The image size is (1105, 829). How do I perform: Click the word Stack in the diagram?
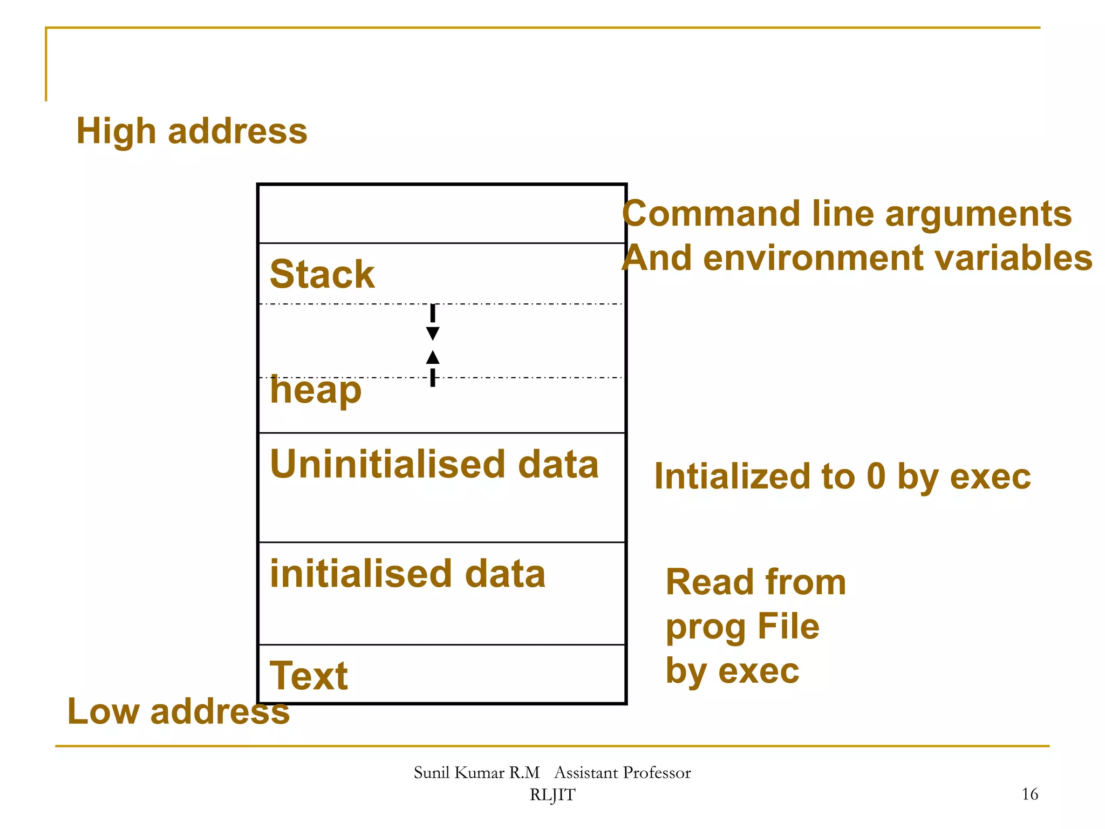pyautogui.click(x=322, y=274)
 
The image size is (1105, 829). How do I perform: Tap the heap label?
pyautogui.click(x=316, y=391)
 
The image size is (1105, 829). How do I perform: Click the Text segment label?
pyautogui.click(x=309, y=676)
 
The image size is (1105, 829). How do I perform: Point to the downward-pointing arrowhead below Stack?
pyautogui.click(x=432, y=333)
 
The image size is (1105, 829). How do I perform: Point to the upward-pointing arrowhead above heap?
pyautogui.click(x=432, y=357)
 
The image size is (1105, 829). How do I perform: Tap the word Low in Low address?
pyautogui.click(x=103, y=711)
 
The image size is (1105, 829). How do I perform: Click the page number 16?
pyautogui.click(x=1029, y=794)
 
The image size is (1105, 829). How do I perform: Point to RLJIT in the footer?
pyautogui.click(x=552, y=795)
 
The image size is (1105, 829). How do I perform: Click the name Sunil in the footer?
pyautogui.click(x=431, y=773)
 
